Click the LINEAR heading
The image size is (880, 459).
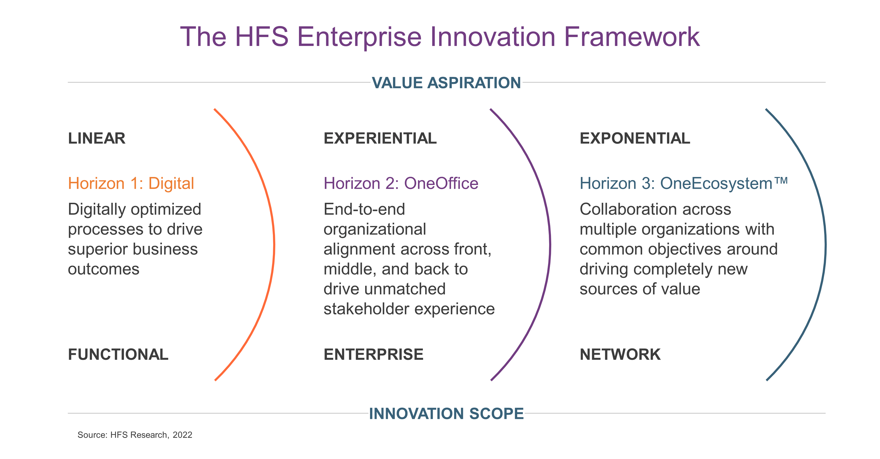click(97, 138)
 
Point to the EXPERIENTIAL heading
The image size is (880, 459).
click(380, 138)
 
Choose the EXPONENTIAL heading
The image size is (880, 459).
click(635, 138)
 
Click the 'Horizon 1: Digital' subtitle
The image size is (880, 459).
click(131, 184)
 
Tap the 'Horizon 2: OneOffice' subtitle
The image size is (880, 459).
click(401, 184)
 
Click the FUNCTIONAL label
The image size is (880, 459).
click(118, 354)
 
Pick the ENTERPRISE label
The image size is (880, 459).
click(373, 354)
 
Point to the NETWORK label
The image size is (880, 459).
click(620, 354)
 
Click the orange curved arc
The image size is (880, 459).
click(274, 244)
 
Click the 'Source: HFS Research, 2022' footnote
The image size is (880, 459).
click(135, 435)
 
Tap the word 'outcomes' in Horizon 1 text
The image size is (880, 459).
click(103, 270)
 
